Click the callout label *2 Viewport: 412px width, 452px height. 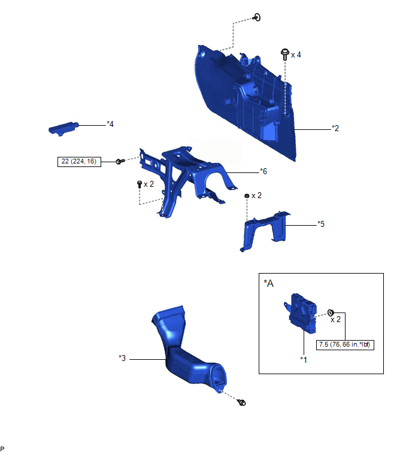[335, 128]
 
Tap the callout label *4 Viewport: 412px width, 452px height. [110, 124]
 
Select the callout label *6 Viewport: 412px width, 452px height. [263, 171]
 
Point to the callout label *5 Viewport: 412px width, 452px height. [321, 224]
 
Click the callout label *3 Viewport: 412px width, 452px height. [122, 358]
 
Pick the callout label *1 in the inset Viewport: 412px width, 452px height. [303, 359]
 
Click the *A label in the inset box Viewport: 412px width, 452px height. [268, 283]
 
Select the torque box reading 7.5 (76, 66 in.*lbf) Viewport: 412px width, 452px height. [345, 345]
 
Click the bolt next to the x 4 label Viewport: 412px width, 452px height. [285, 54]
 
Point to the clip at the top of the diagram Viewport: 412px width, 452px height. [256, 17]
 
